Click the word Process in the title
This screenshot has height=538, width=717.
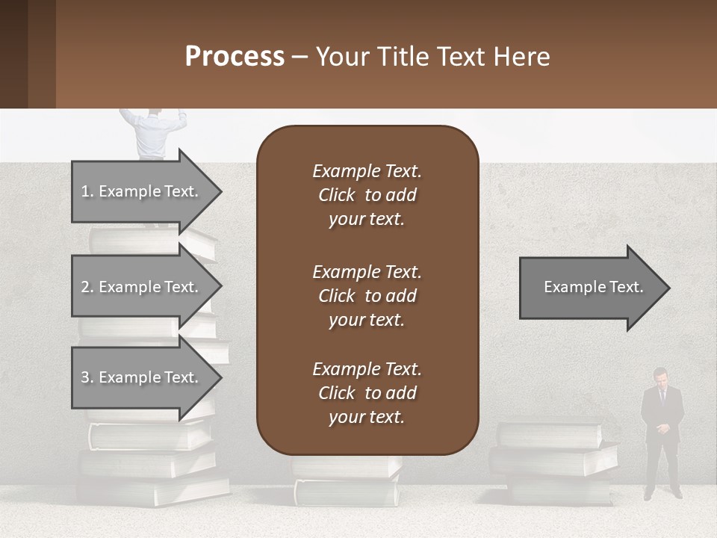click(235, 56)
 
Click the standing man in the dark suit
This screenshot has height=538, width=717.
click(661, 433)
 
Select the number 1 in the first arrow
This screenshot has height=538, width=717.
click(84, 191)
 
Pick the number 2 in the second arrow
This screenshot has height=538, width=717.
click(85, 287)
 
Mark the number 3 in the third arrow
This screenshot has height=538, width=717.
click(85, 377)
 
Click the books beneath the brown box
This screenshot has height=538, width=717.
click(347, 482)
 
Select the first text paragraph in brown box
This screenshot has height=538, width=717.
click(367, 195)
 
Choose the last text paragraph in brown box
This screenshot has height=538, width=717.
click(367, 393)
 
